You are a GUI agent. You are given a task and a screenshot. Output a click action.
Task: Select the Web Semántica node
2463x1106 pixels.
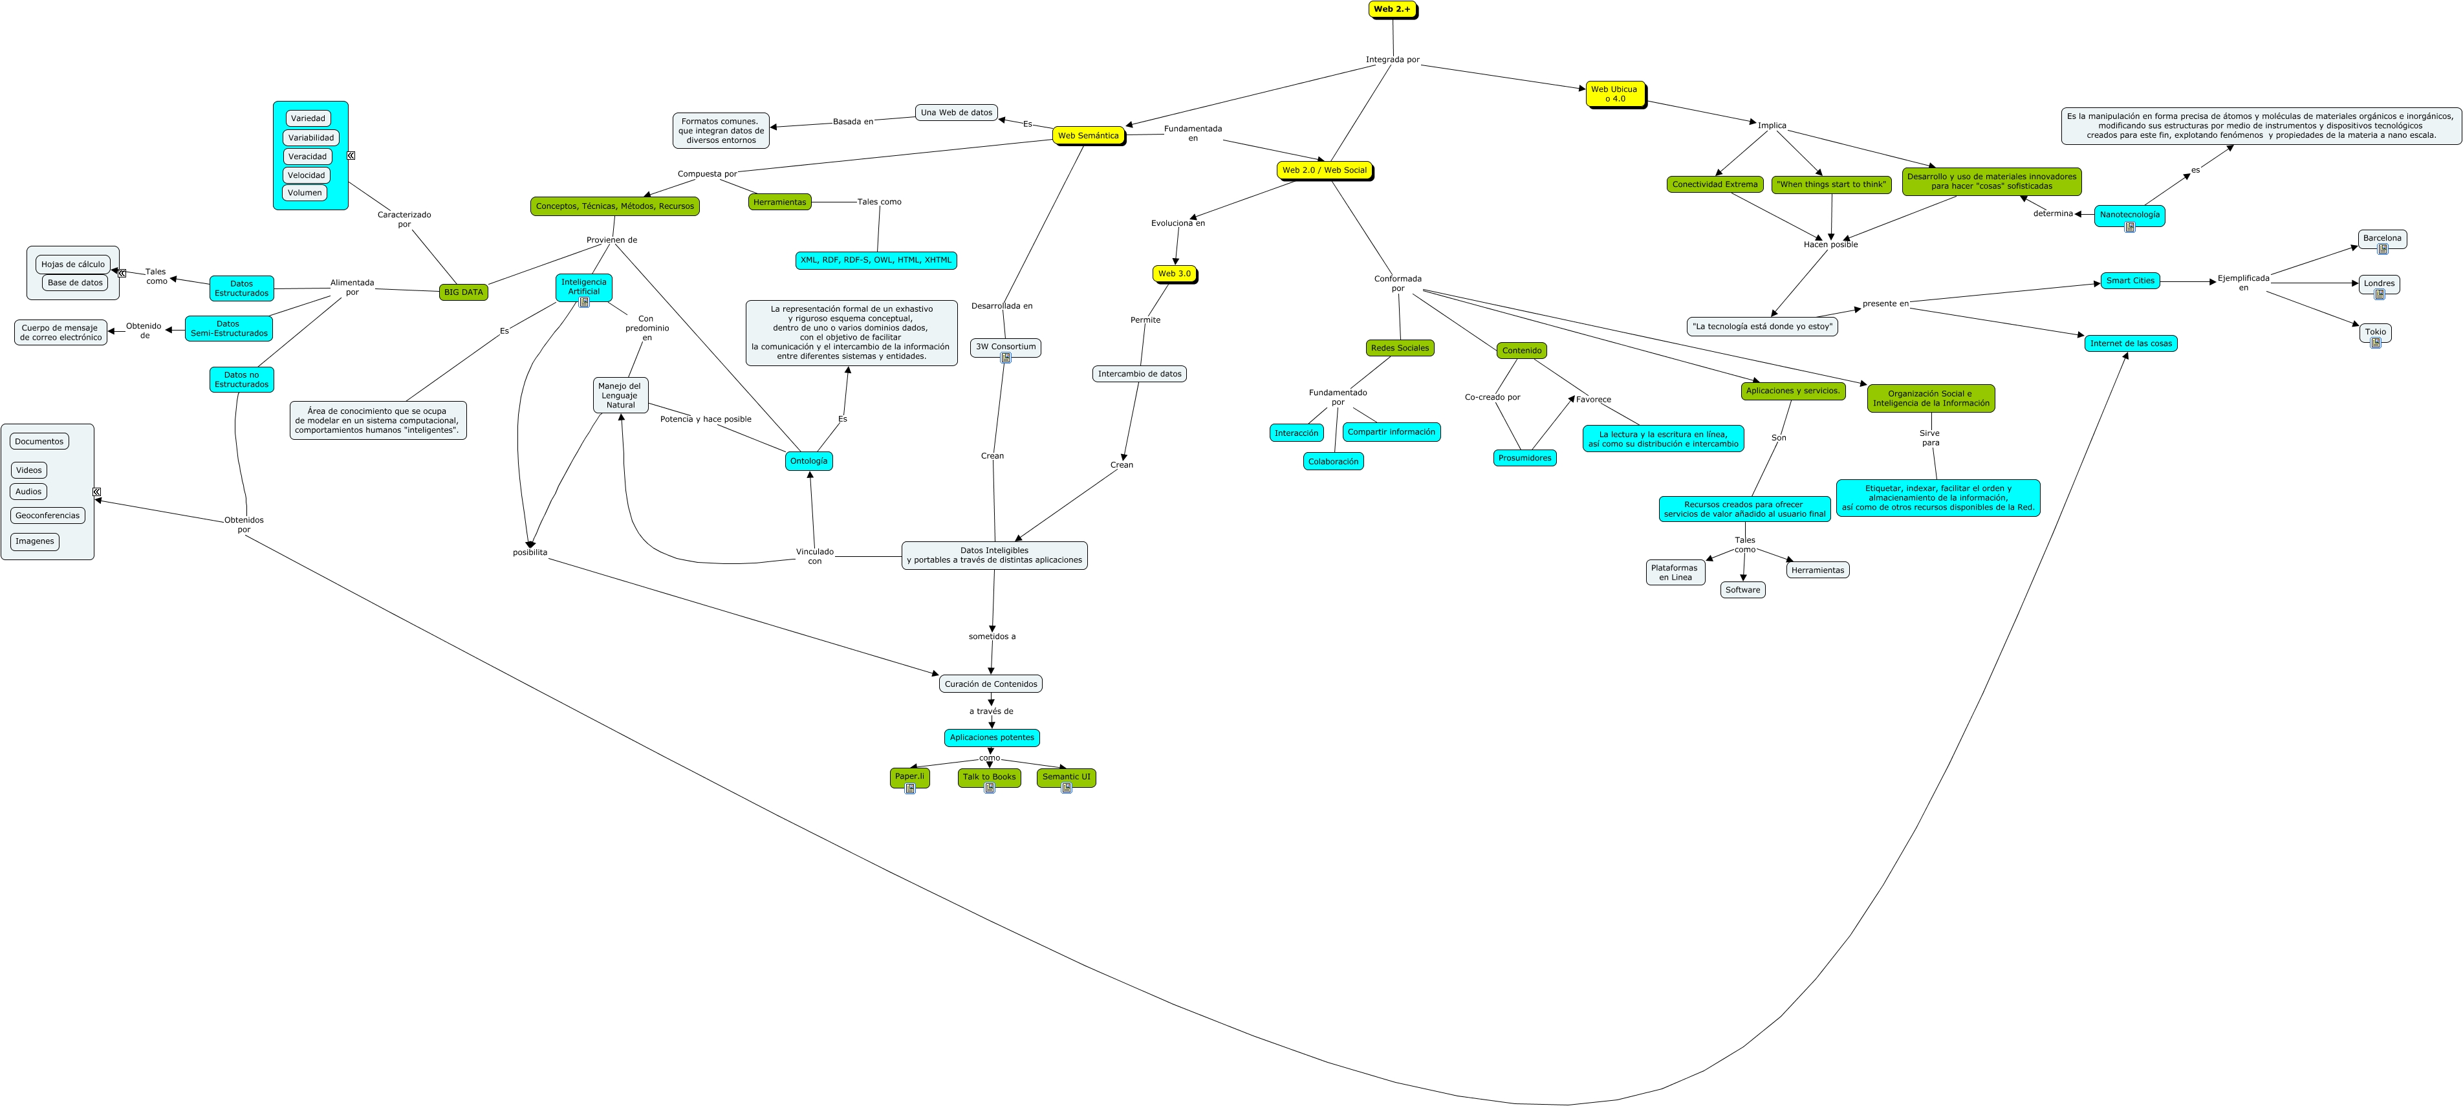pos(1087,136)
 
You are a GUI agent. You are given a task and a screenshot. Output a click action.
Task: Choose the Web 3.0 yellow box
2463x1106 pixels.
pos(1173,274)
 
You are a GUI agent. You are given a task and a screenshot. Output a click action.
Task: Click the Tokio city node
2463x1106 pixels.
pos(2374,332)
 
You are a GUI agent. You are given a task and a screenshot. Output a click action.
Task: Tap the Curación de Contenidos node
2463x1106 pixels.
pos(990,684)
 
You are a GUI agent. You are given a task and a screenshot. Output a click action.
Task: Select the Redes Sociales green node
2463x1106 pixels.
pos(1399,349)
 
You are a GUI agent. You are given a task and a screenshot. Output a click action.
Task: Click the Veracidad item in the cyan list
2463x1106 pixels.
pos(307,157)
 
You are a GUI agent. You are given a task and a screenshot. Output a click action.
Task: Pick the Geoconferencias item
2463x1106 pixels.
pos(48,516)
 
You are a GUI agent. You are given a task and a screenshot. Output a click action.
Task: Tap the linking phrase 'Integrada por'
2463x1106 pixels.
pos(1391,60)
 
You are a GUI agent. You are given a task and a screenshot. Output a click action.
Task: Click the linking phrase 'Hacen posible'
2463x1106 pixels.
pos(1829,244)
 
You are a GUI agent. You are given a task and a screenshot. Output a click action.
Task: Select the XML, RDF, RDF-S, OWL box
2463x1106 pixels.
pos(875,260)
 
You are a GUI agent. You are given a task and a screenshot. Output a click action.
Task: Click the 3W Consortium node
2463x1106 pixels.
pos(1005,347)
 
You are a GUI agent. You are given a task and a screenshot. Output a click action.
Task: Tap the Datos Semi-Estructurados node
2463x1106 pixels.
pos(228,329)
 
